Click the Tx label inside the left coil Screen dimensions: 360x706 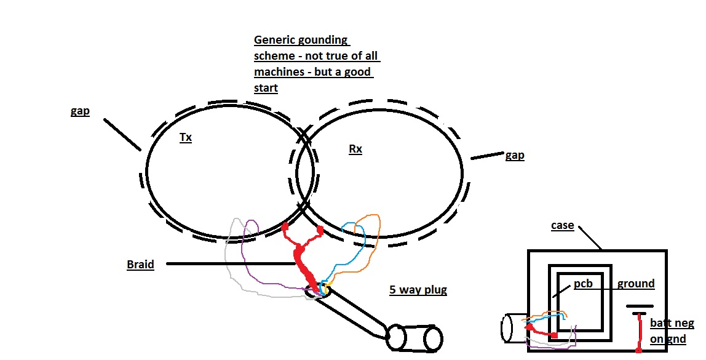click(x=185, y=138)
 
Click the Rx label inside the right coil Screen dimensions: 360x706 click(x=355, y=149)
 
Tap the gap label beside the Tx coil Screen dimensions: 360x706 click(x=80, y=111)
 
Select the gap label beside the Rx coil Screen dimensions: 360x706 click(x=514, y=155)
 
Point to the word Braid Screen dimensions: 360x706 click(x=140, y=264)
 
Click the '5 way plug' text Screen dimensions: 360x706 click(x=418, y=289)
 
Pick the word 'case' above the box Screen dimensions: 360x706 click(x=562, y=225)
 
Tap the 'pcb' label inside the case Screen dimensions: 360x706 click(x=583, y=285)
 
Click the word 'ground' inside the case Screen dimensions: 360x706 click(x=636, y=284)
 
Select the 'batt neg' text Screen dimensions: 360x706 click(x=672, y=324)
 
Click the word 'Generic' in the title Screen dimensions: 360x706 click(x=275, y=41)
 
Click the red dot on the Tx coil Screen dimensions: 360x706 click(x=285, y=228)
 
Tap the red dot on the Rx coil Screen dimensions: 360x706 click(x=320, y=230)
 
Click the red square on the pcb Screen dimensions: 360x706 click(x=554, y=335)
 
